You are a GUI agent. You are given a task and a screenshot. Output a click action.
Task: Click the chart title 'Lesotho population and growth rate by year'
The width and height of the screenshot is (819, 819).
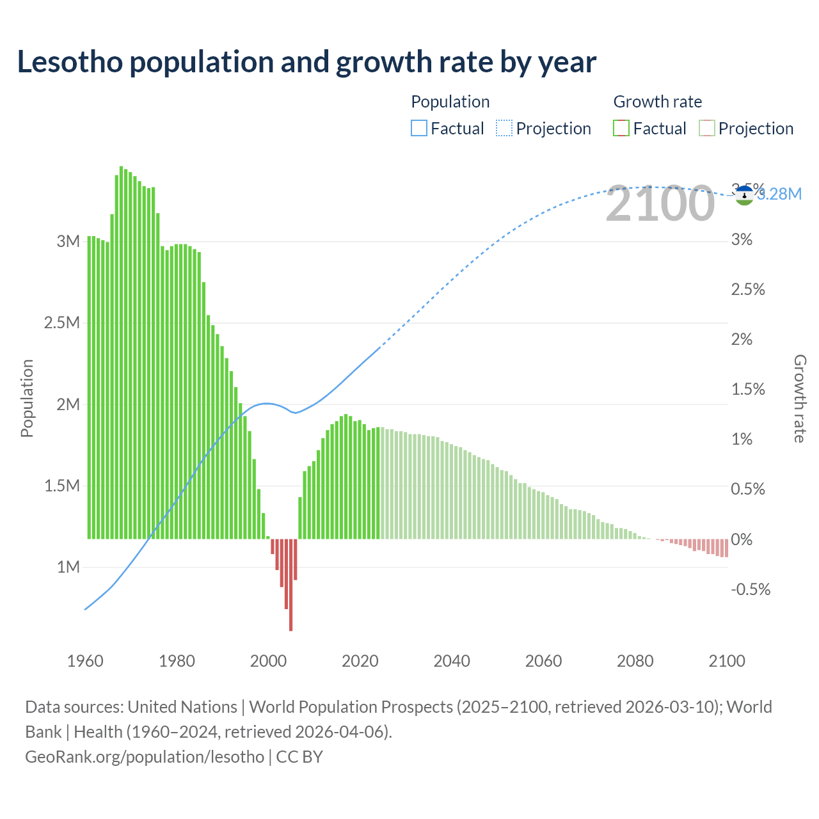[x=306, y=62]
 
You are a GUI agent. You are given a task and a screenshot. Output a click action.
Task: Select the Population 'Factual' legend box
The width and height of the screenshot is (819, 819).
[x=418, y=129]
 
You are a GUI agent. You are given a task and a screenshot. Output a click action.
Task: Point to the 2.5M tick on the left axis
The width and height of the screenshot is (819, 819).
[x=62, y=322]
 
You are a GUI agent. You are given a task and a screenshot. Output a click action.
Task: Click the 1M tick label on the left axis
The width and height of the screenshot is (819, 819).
[x=68, y=567]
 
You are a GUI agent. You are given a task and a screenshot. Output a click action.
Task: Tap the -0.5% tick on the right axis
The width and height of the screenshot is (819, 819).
[x=751, y=589]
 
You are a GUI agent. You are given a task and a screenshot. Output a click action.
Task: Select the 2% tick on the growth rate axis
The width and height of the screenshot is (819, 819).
[x=742, y=340]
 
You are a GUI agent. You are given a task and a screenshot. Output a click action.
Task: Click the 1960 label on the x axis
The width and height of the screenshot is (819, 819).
[x=85, y=661]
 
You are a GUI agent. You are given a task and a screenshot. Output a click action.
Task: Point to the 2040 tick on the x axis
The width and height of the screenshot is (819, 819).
[x=452, y=661]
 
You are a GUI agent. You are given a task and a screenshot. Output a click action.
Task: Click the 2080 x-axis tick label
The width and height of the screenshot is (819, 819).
[x=635, y=661]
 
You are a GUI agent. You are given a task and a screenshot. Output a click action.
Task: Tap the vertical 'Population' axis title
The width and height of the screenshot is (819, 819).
[x=27, y=398]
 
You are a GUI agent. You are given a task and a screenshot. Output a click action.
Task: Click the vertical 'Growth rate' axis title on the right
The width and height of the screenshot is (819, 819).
[x=800, y=398]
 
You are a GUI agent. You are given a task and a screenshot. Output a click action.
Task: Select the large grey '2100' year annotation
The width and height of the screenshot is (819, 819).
[x=660, y=204]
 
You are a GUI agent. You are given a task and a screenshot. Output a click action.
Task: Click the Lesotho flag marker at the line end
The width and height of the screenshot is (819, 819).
[x=743, y=195]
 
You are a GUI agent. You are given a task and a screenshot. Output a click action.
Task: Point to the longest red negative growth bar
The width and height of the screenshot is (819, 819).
[x=290, y=585]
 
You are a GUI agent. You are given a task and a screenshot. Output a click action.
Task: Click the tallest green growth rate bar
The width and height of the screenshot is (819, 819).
[x=121, y=352]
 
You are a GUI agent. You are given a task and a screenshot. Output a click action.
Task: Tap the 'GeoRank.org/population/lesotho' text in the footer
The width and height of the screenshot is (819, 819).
[x=145, y=757]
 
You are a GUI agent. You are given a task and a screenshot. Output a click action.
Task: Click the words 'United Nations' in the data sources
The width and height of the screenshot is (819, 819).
[x=182, y=707]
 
